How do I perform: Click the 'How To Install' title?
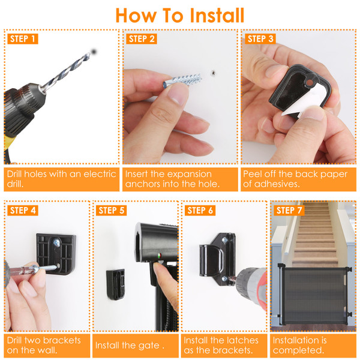click(x=180, y=16)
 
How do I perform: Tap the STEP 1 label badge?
click(x=23, y=39)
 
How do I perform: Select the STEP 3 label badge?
click(x=260, y=39)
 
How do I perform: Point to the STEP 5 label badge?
click(x=112, y=211)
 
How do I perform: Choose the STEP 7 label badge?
click(x=289, y=211)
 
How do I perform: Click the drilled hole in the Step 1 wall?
click(x=94, y=52)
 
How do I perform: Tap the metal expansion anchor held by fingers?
click(x=182, y=81)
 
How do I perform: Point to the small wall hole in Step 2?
click(x=213, y=73)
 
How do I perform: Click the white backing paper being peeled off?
click(x=305, y=101)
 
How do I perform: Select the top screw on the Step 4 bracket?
click(x=56, y=242)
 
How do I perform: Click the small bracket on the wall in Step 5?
click(x=115, y=284)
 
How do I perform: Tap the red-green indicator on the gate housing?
click(x=160, y=256)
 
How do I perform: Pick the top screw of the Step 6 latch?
click(x=224, y=240)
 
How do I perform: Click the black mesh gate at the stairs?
click(x=314, y=296)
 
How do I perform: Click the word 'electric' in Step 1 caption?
click(x=100, y=174)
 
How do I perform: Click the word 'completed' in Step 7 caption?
click(x=298, y=350)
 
